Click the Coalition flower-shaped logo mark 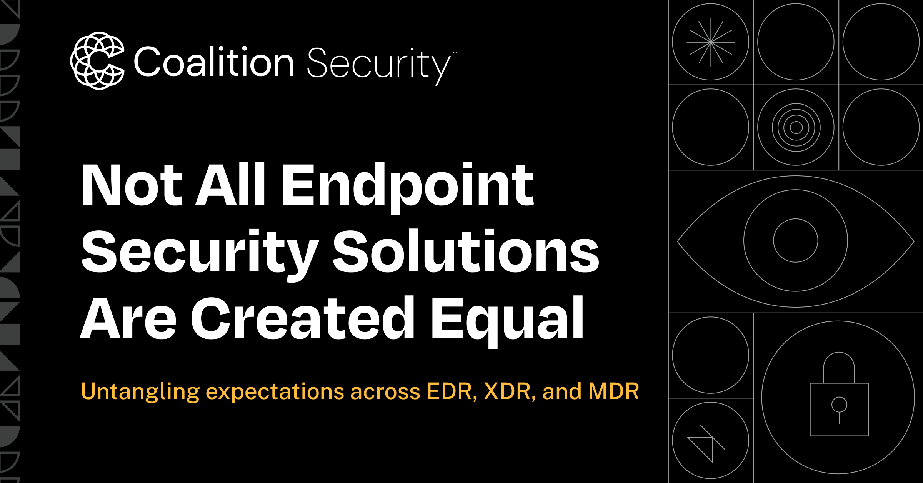pos(97,61)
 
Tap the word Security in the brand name pos(378,64)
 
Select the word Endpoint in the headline pos(408,185)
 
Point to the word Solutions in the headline pos(466,252)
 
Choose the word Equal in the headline pos(507,319)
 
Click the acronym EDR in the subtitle pos(452,391)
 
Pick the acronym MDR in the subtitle pos(613,391)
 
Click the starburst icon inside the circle pos(711,42)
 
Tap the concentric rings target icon pos(796,127)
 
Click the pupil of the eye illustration pos(796,241)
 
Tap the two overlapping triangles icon pos(707,442)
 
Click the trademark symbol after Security pos(455,53)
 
